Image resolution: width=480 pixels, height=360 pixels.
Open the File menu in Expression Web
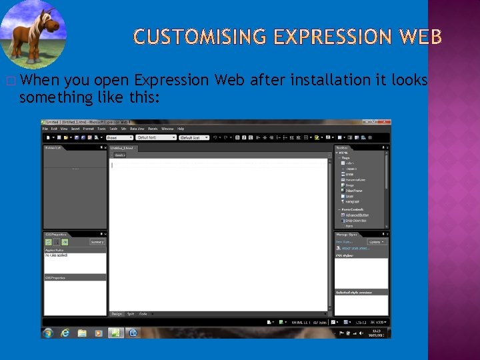pyautogui.click(x=46, y=129)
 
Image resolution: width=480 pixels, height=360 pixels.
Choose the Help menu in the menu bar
pyautogui.click(x=181, y=129)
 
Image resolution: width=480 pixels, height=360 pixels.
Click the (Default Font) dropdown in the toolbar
pyautogui.click(x=155, y=137)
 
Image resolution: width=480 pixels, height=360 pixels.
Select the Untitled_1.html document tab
pyautogui.click(x=122, y=147)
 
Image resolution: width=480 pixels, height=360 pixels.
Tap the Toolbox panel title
pyautogui.click(x=342, y=147)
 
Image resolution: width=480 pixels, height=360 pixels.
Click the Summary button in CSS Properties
pyautogui.click(x=97, y=242)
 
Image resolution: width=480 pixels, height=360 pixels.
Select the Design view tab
pyautogui.click(x=117, y=313)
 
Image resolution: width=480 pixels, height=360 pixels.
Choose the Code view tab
pyautogui.click(x=143, y=313)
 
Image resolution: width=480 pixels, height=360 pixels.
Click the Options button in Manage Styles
pyautogui.click(x=376, y=242)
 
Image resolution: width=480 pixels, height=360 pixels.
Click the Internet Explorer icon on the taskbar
pyautogui.click(x=65, y=332)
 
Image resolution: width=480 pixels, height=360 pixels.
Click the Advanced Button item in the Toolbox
pyautogui.click(x=356, y=215)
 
